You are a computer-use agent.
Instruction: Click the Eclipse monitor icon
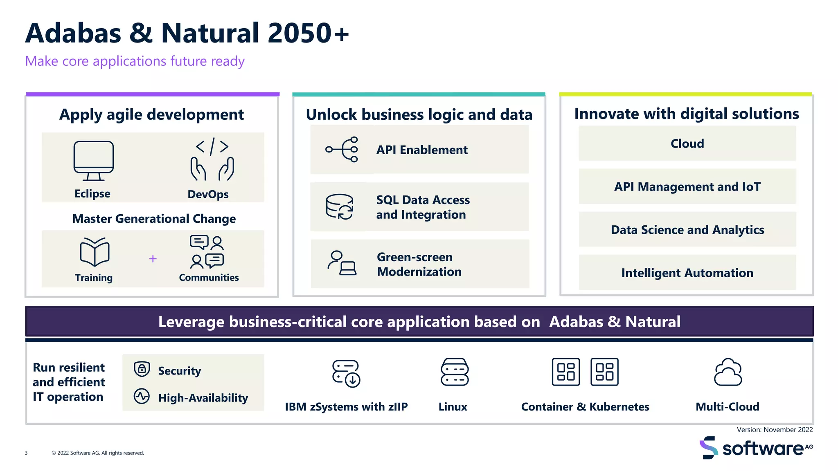click(94, 161)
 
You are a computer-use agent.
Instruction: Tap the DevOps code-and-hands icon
click(212, 160)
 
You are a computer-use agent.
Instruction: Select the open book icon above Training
click(95, 252)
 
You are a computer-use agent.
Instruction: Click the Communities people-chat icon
click(207, 252)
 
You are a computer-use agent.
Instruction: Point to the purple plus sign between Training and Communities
click(153, 259)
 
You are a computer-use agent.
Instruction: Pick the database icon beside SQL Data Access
click(340, 207)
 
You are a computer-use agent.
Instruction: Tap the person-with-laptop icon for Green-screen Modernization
click(342, 263)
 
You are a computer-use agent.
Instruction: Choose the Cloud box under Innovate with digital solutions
click(687, 144)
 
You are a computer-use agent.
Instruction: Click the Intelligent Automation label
click(687, 273)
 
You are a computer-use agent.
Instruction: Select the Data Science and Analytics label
click(687, 230)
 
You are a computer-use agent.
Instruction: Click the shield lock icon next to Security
click(142, 369)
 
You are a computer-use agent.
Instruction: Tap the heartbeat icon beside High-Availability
click(142, 396)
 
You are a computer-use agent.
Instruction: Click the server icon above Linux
click(454, 372)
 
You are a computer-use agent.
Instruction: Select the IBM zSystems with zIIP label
click(346, 407)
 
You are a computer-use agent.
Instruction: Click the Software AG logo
click(755, 448)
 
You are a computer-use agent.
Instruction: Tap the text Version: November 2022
click(775, 430)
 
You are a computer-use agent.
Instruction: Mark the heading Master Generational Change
click(154, 219)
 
